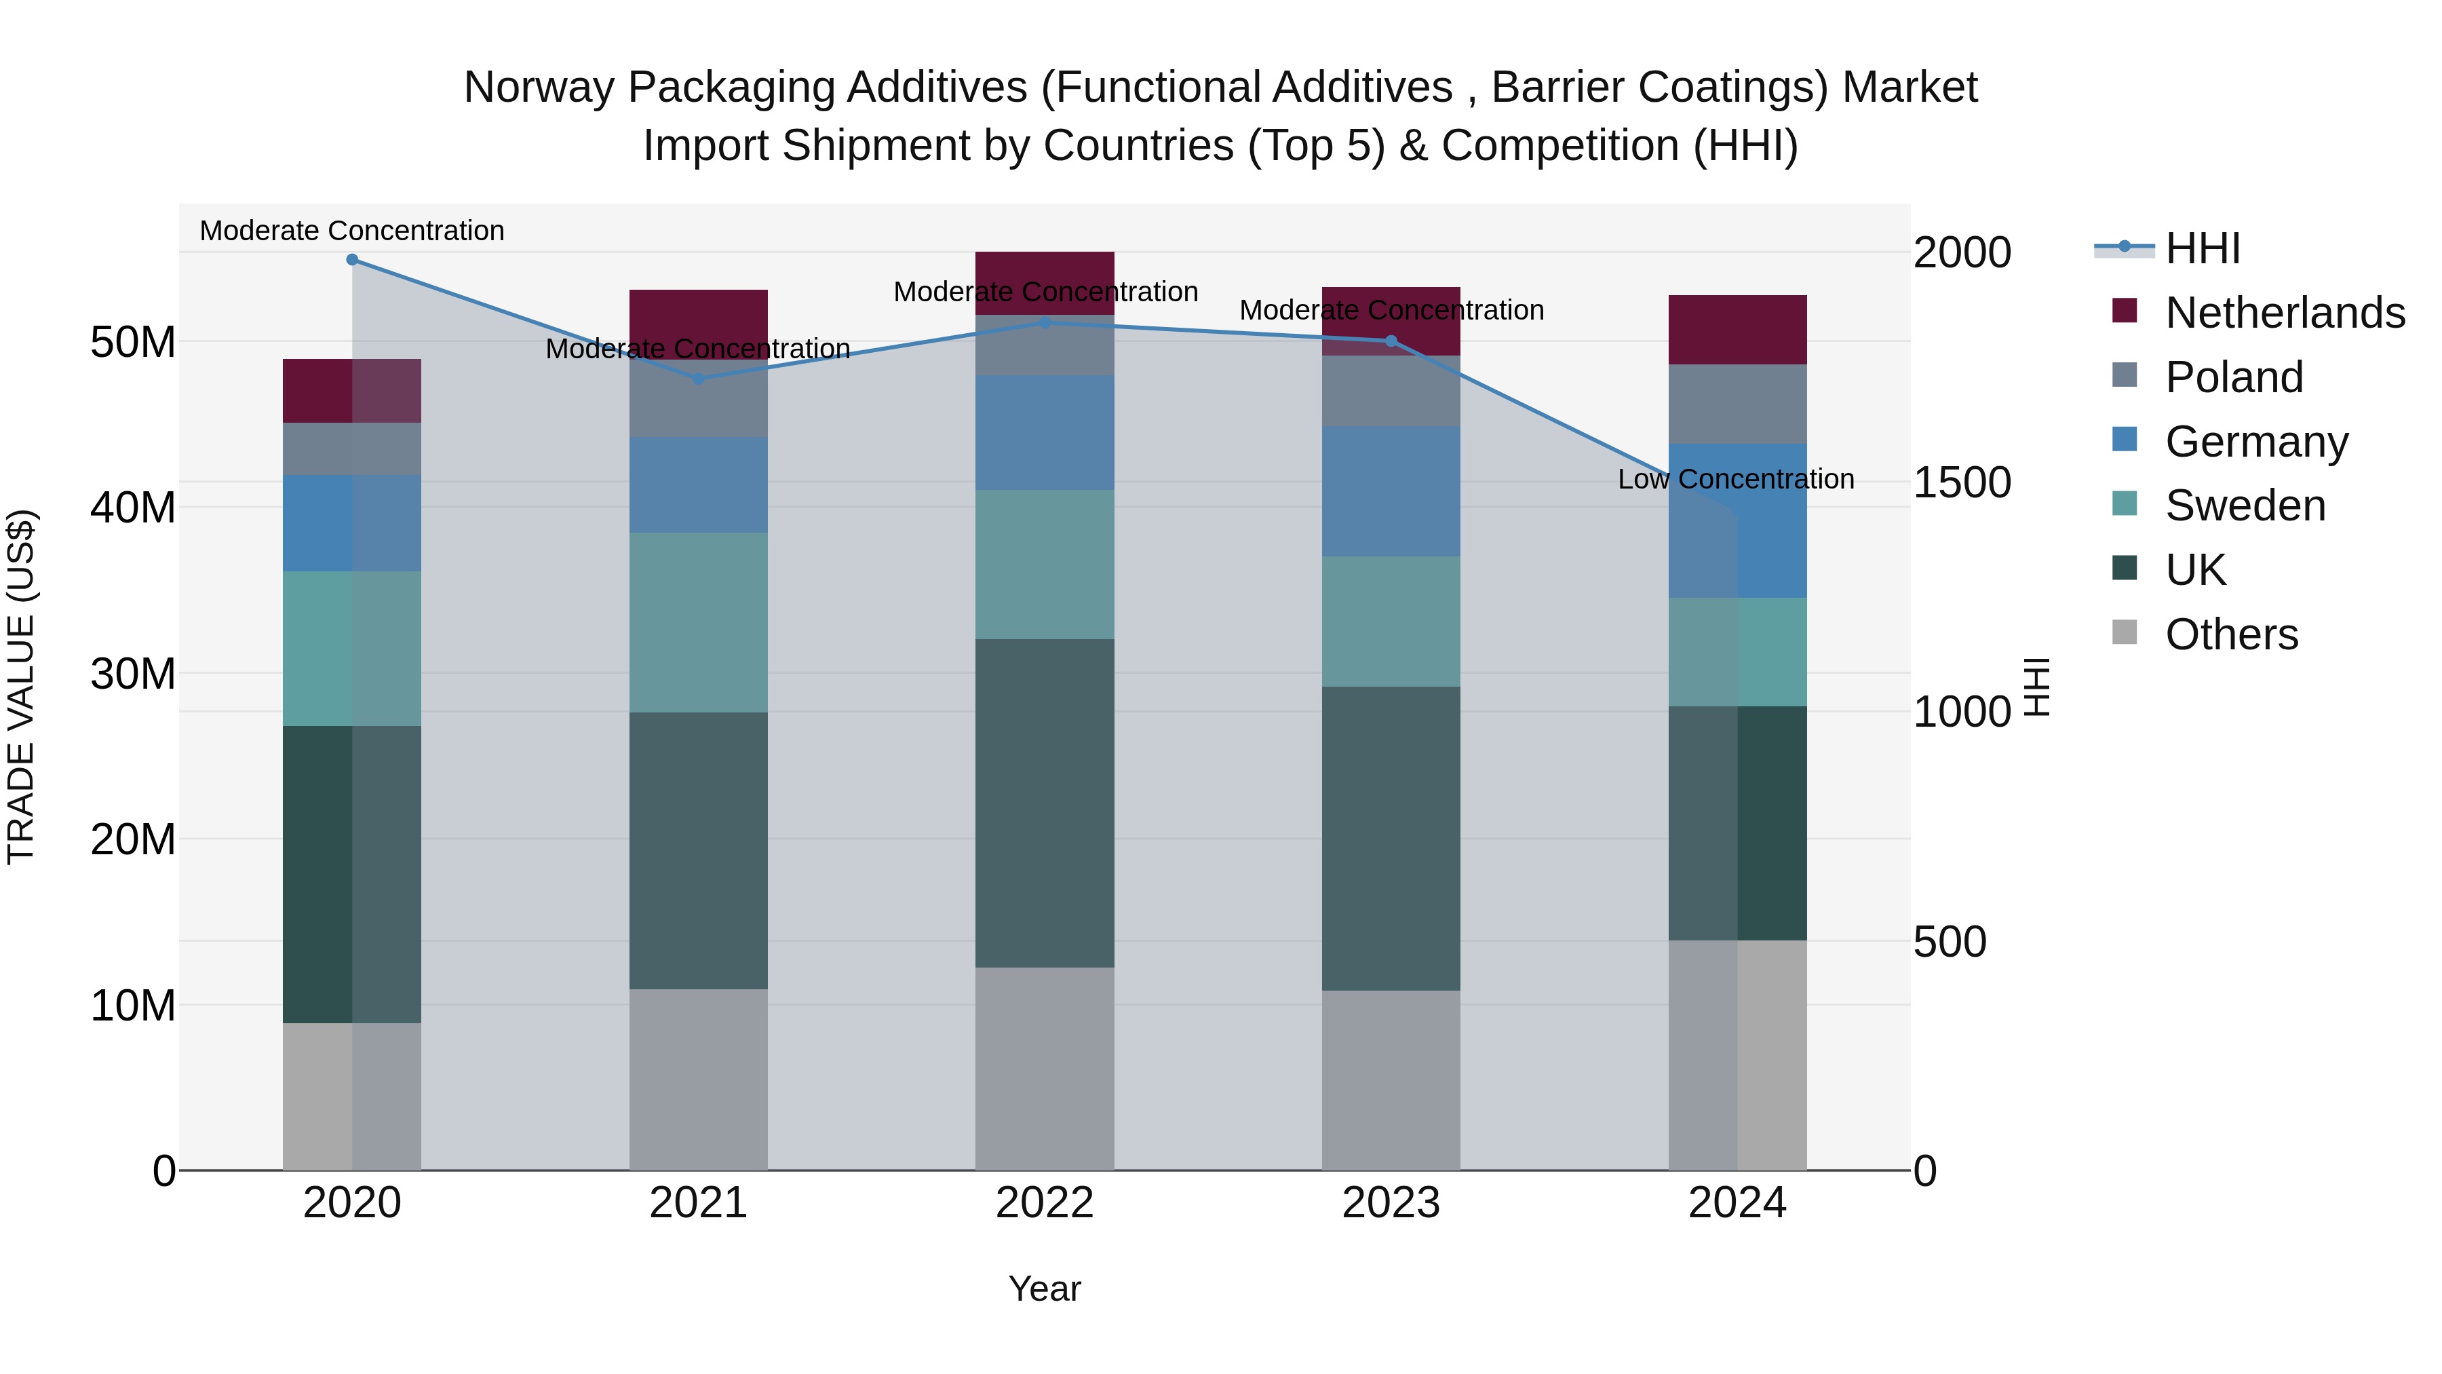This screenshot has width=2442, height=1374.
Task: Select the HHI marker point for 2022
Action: (x=1045, y=322)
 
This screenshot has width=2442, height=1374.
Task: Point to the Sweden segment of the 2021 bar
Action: (x=699, y=622)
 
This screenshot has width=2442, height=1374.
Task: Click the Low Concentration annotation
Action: (x=1736, y=480)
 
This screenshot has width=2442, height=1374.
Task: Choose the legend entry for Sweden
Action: (x=2245, y=506)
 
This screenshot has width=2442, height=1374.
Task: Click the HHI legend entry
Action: (x=2202, y=248)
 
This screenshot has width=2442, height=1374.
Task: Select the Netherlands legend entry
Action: (x=2285, y=313)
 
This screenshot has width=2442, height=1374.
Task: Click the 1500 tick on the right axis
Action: (x=1961, y=482)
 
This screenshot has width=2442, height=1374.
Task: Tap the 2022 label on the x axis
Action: (x=1045, y=1203)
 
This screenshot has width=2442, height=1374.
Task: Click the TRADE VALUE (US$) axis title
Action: (x=21, y=687)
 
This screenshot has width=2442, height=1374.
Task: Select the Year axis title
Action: (x=1045, y=1289)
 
